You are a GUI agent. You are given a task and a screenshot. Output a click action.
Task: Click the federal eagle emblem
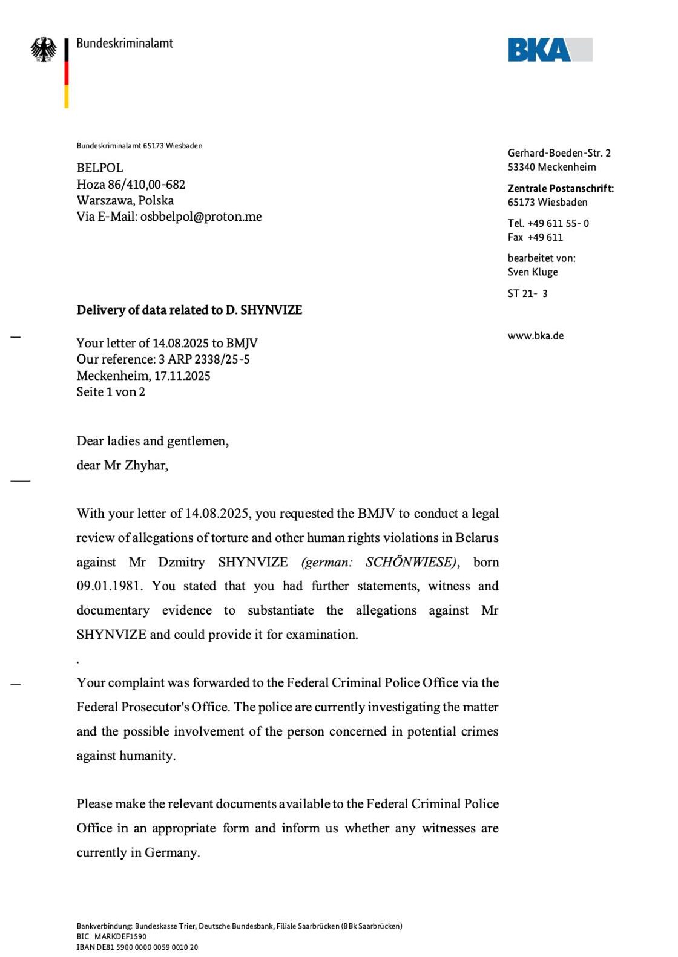point(44,50)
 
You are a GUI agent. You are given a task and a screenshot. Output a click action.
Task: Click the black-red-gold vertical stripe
point(67,73)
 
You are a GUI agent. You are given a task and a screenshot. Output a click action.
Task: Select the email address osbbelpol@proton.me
point(201,217)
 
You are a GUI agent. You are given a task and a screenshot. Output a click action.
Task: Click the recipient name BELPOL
point(100,168)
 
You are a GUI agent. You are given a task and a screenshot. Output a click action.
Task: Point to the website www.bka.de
point(535,336)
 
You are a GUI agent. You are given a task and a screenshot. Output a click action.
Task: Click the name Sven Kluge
point(533,272)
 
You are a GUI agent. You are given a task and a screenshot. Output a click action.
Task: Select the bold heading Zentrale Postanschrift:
point(561,189)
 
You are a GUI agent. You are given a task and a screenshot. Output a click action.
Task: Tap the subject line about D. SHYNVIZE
point(189,310)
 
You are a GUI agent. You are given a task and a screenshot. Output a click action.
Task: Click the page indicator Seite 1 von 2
point(111,392)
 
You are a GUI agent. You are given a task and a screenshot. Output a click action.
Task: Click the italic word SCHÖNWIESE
point(410,562)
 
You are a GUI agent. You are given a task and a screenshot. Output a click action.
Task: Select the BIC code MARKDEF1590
point(120,936)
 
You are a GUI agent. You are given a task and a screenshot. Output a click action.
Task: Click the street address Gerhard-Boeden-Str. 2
point(559,154)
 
